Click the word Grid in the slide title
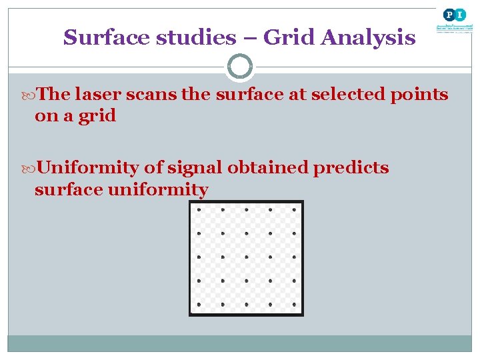tap(289, 38)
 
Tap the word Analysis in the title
tap(367, 38)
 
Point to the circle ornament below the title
tap(240, 67)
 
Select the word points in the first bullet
tap(419, 95)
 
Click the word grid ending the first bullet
tap(98, 116)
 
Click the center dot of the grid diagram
tap(246, 257)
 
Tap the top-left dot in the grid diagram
tap(199, 209)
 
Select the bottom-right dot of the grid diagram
tap(294, 305)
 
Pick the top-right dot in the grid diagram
tap(294, 209)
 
